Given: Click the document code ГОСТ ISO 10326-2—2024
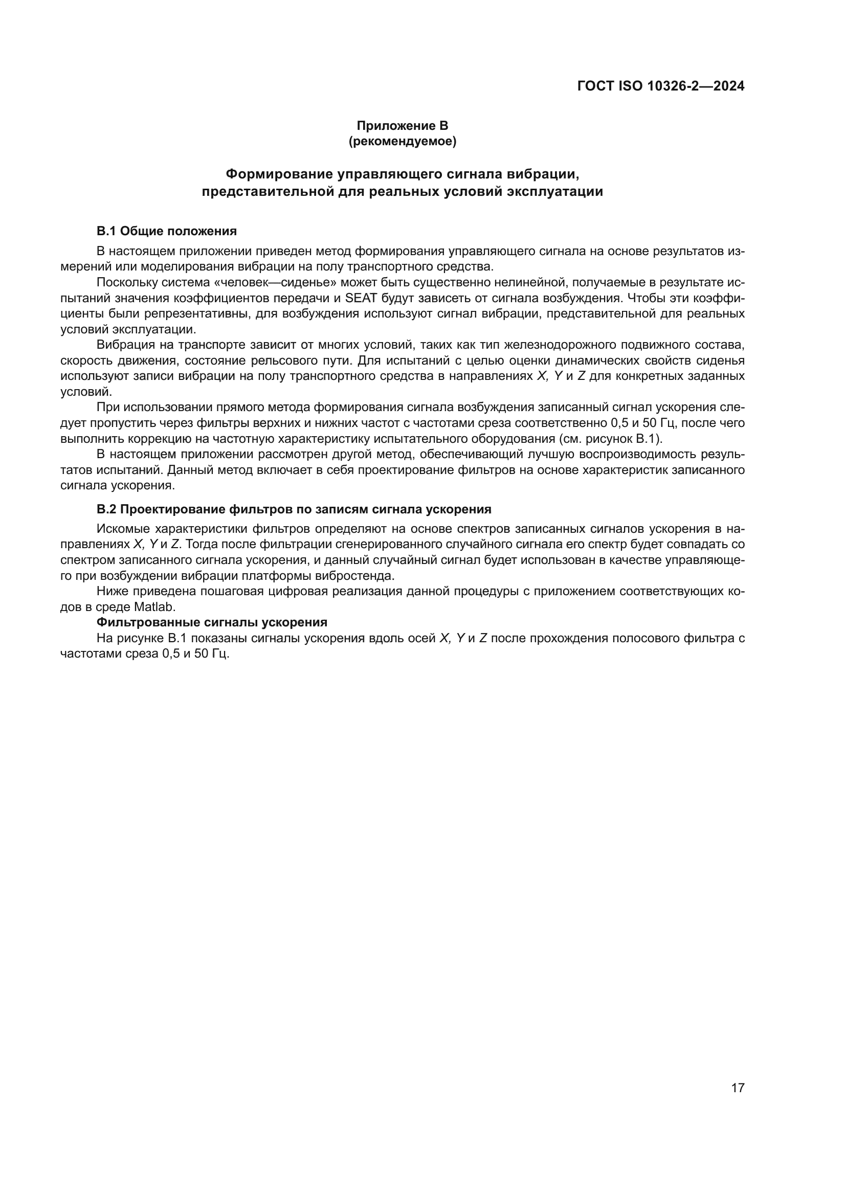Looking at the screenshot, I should coord(660,86).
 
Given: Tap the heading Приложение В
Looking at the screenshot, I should coord(402,126).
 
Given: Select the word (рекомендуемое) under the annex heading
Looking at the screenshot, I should coord(402,141).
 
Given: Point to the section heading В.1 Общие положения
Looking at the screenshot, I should coord(167,231).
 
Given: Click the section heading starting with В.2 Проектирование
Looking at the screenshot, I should coord(294,509).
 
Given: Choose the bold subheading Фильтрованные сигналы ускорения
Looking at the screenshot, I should coord(212,622).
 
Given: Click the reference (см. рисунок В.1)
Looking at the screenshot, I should coord(611,439).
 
